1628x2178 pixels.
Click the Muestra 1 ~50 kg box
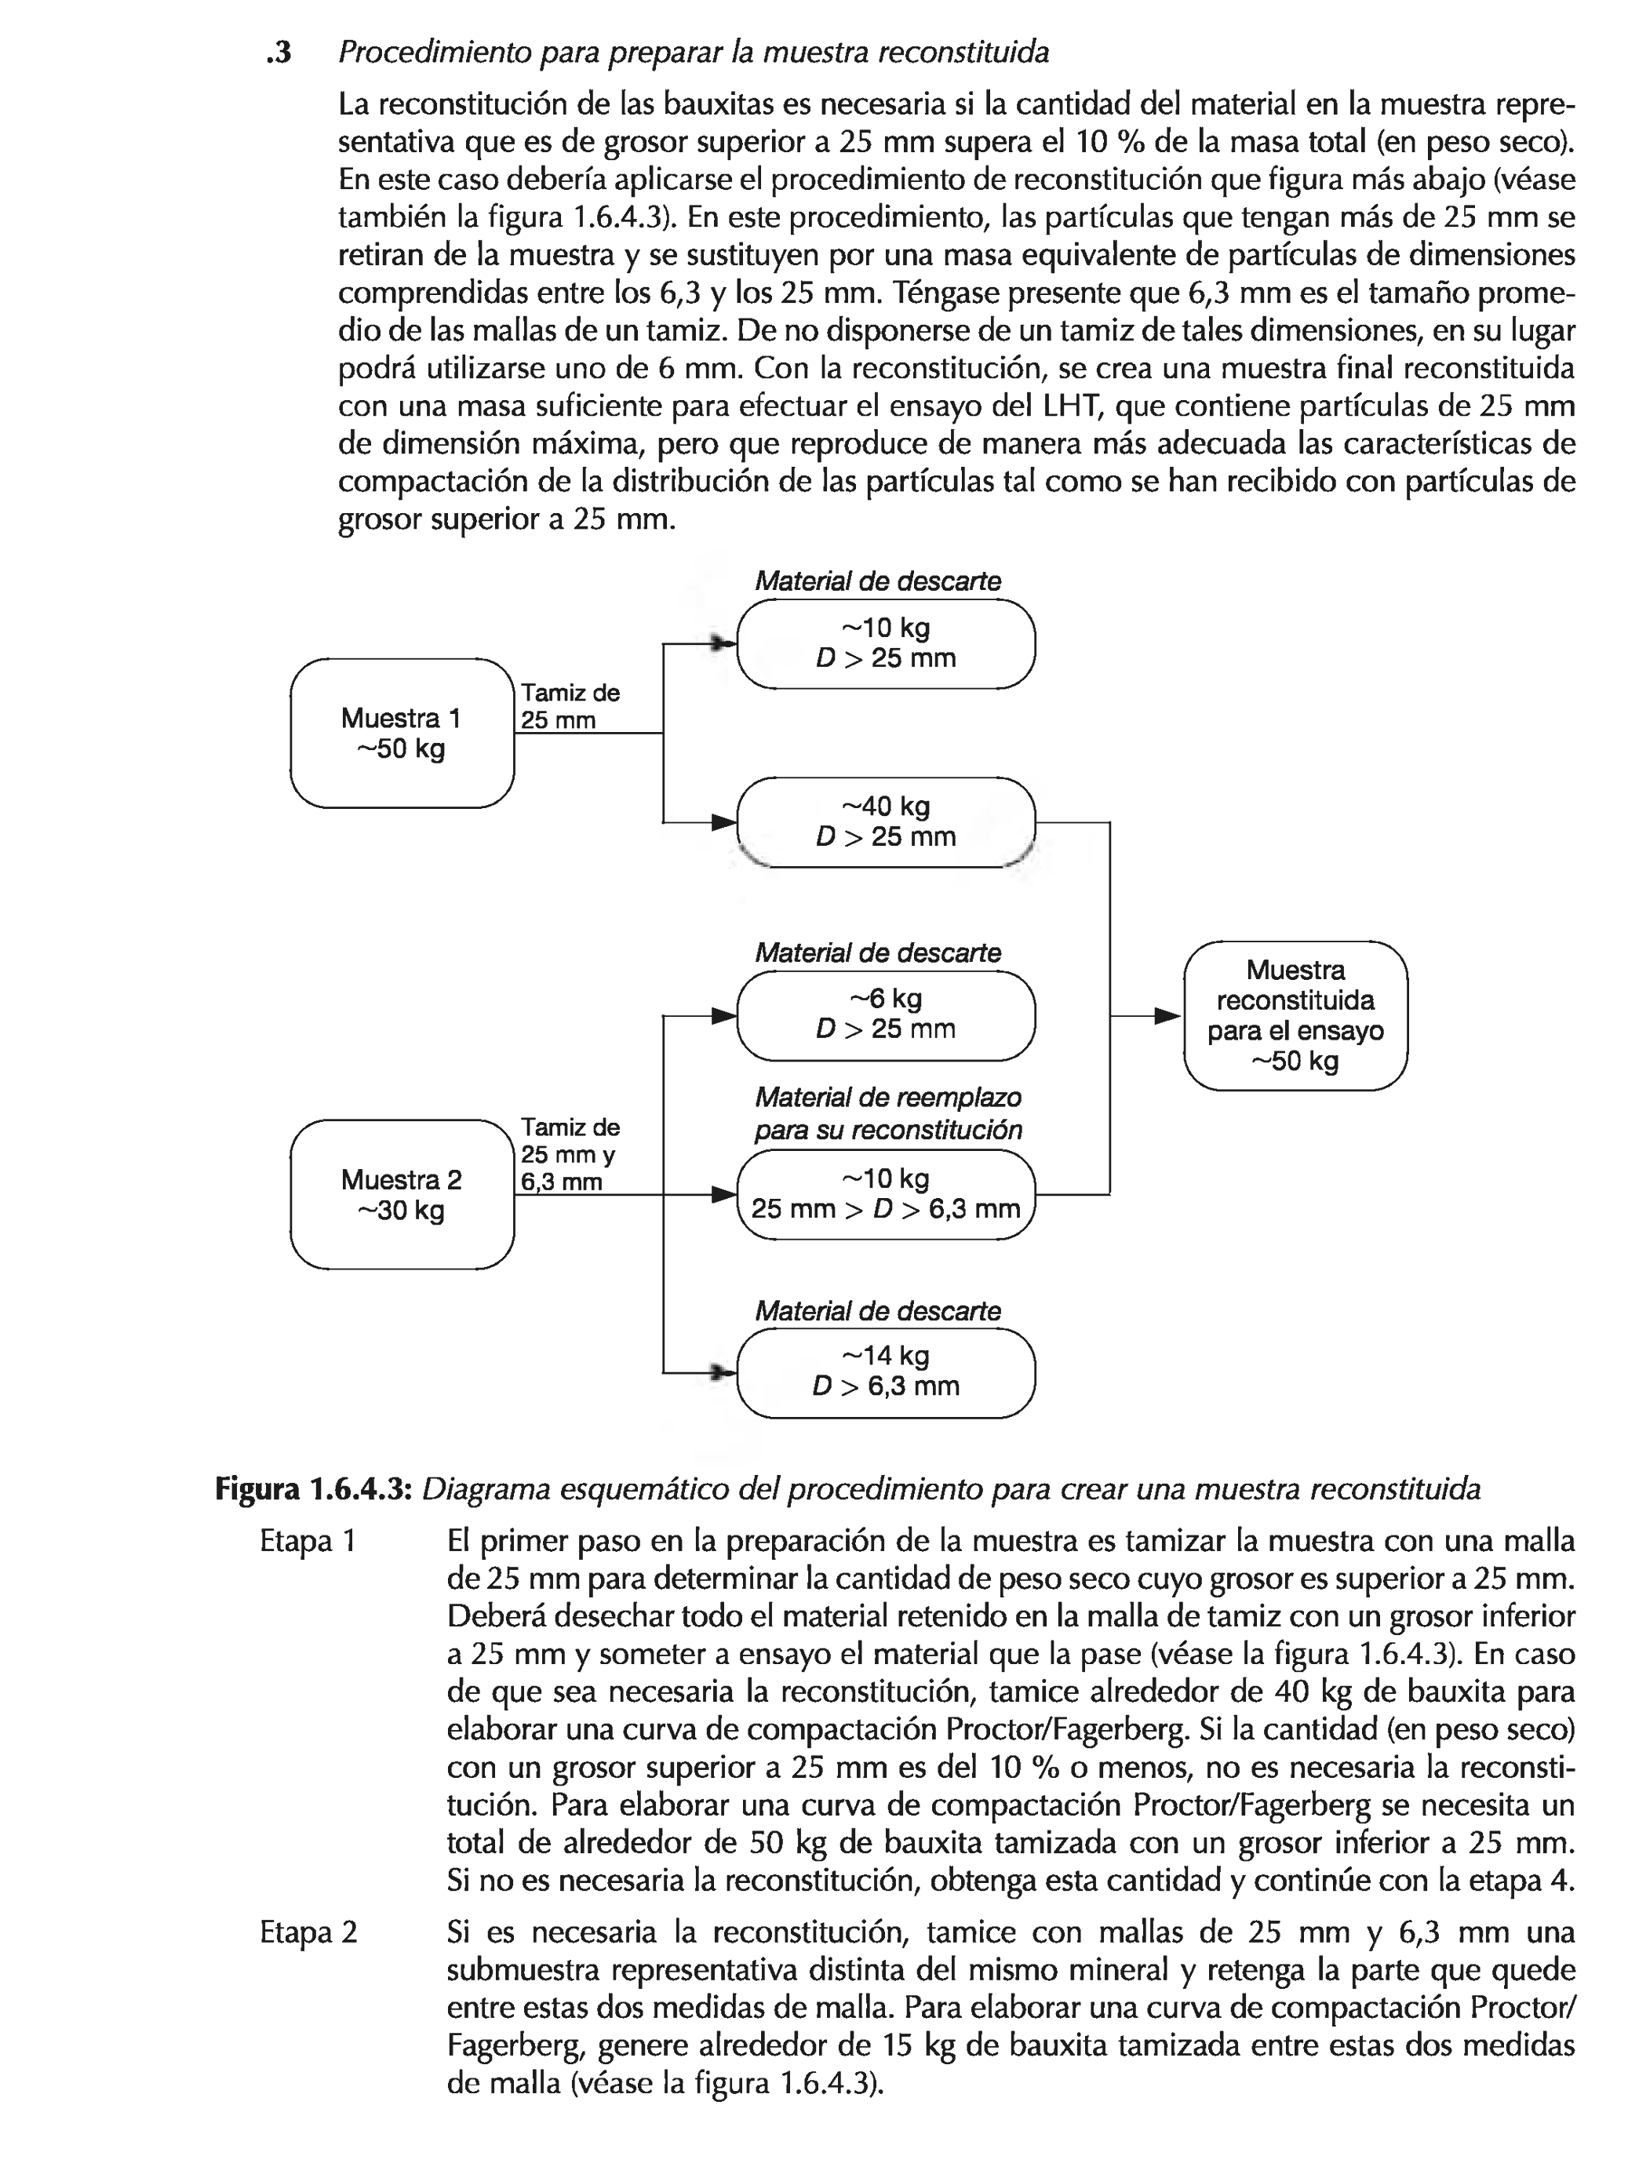pyautogui.click(x=402, y=733)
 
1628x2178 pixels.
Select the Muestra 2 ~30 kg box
pyautogui.click(x=402, y=1193)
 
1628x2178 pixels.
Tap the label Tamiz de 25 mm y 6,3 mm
pyautogui.click(x=570, y=1154)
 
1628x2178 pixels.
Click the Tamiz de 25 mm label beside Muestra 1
pyautogui.click(x=570, y=706)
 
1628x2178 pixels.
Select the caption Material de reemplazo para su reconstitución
pyautogui.click(x=887, y=1113)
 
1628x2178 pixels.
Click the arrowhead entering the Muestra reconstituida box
pyautogui.click(x=1168, y=1015)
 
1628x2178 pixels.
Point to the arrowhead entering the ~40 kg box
pyautogui.click(x=724, y=821)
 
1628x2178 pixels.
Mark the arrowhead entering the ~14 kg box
pyautogui.click(x=724, y=1371)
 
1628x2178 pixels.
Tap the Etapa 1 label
pyautogui.click(x=308, y=1541)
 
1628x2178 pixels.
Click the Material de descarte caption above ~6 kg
pyautogui.click(x=877, y=953)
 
